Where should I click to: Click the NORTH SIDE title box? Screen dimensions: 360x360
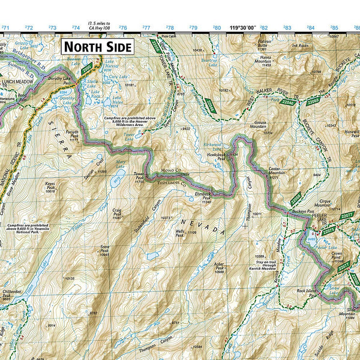point(97,46)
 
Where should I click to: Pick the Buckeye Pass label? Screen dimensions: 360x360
point(303,211)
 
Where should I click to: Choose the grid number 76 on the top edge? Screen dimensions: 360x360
point(122,28)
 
